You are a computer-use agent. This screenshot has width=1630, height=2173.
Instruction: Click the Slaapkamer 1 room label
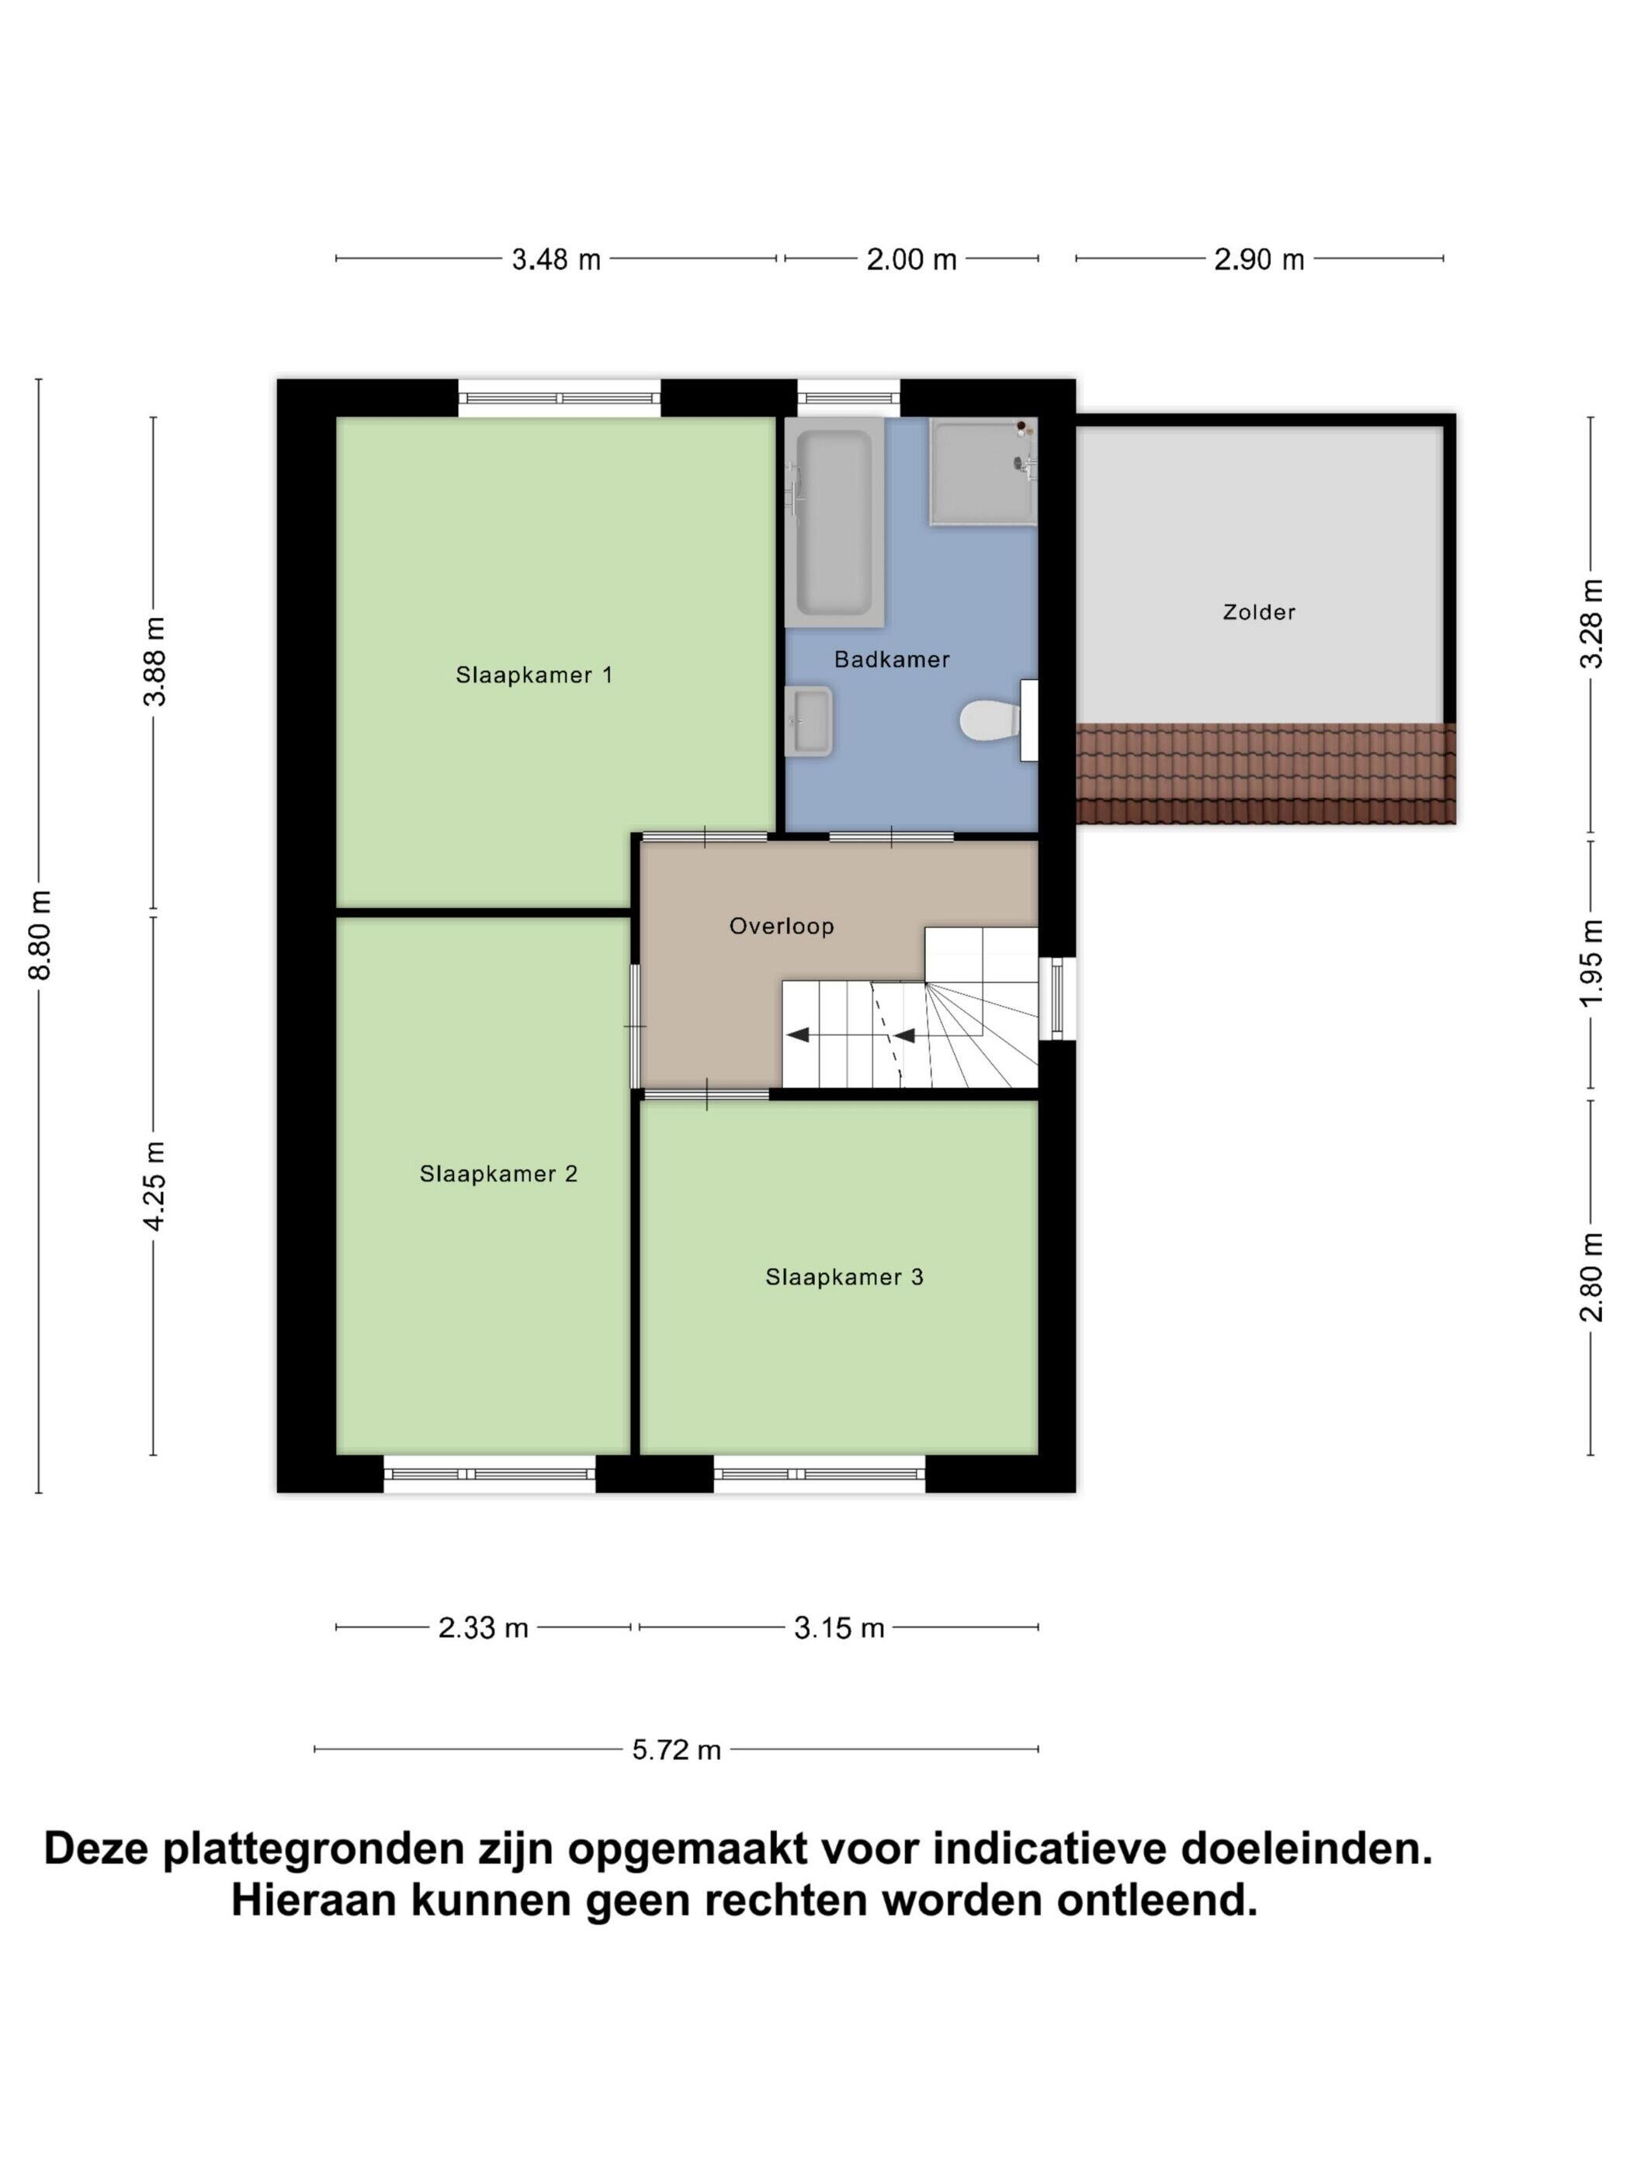[x=533, y=675]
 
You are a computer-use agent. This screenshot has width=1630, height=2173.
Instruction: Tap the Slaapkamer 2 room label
[x=498, y=1174]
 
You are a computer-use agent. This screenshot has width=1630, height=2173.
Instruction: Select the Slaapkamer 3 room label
[x=844, y=1277]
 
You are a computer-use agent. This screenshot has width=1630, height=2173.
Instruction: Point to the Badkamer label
[x=891, y=659]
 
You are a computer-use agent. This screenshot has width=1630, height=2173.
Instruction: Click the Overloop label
[x=781, y=927]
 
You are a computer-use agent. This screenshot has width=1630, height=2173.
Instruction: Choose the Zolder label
[x=1259, y=612]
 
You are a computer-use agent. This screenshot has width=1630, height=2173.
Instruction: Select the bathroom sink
[x=810, y=721]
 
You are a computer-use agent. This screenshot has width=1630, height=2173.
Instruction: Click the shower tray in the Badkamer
[x=983, y=472]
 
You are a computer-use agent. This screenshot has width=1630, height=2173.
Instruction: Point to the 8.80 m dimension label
[x=40, y=935]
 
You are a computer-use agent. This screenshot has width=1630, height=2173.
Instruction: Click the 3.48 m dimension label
[x=556, y=259]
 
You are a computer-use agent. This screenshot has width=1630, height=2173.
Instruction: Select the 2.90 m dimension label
[x=1259, y=259]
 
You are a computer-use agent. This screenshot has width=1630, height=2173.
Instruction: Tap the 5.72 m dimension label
[x=676, y=1749]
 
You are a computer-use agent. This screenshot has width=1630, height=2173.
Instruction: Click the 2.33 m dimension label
[x=484, y=1627]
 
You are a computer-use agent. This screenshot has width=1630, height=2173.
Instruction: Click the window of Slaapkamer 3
[x=820, y=1475]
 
